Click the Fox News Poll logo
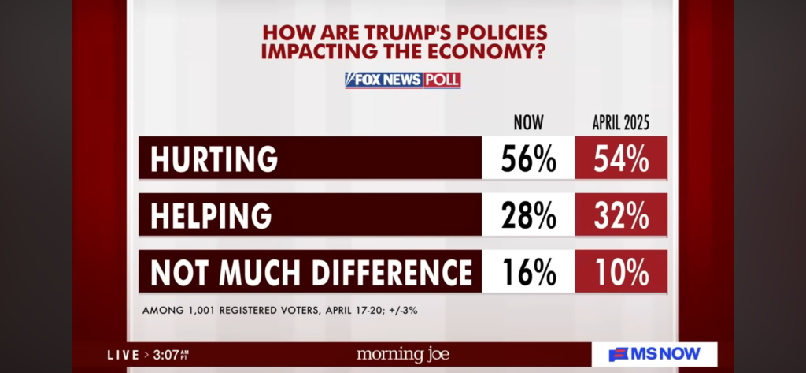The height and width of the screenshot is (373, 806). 402,80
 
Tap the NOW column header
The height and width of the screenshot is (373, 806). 528,122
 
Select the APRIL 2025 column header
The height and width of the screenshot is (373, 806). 621,122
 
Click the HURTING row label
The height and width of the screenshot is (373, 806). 215,159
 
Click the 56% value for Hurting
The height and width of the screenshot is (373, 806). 529,159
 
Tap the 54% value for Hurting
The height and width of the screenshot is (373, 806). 622,159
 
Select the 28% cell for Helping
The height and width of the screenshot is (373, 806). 529,215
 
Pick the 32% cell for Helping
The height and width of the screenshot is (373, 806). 622,215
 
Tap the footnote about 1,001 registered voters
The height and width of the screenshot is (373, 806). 279,310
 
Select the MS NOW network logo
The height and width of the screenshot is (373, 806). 654,355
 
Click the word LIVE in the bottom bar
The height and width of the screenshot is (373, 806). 123,356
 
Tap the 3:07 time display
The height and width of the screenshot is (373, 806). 168,356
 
